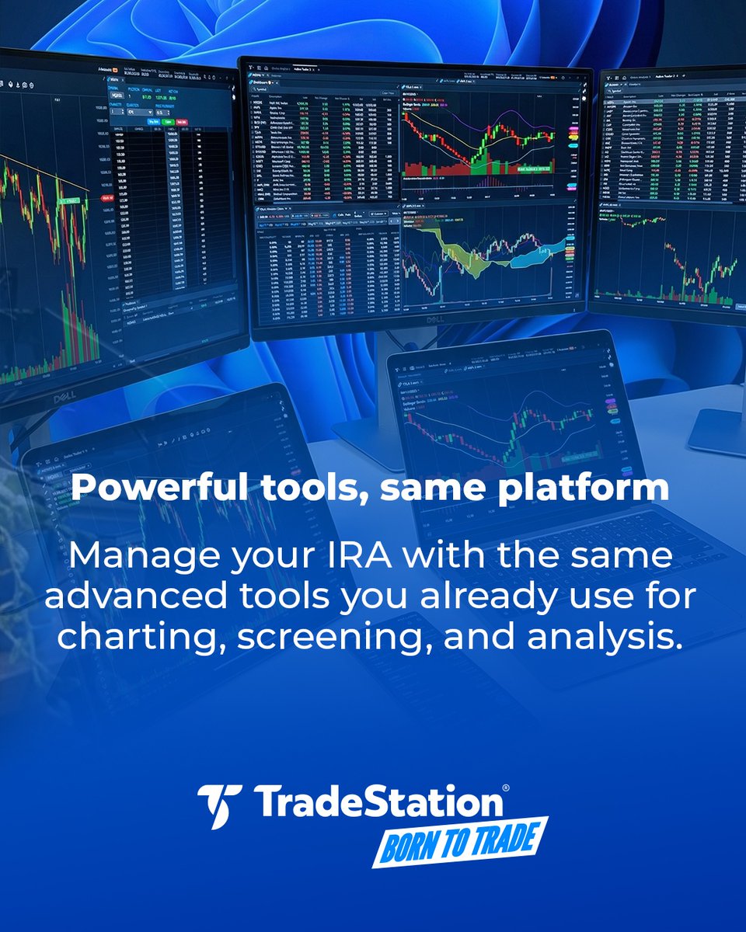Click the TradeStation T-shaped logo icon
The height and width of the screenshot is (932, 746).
(220, 805)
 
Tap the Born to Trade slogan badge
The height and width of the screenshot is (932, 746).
(460, 841)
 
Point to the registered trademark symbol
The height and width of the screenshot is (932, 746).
(506, 788)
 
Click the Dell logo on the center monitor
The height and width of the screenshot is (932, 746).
(420, 321)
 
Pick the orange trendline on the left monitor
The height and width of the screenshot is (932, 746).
(47, 172)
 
